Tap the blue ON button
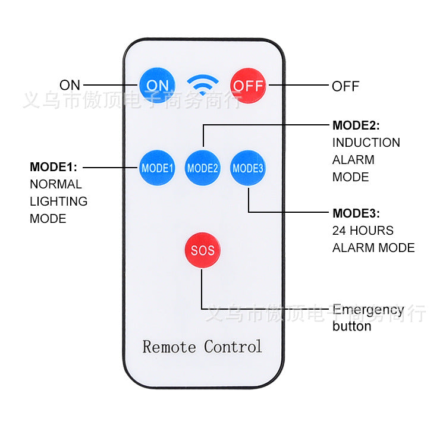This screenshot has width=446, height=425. (158, 85)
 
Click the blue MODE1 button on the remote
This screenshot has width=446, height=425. (157, 168)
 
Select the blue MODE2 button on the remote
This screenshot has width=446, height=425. (203, 168)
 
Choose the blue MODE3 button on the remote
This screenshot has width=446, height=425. (247, 168)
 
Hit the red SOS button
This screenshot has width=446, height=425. (202, 250)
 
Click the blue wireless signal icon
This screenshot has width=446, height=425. (203, 84)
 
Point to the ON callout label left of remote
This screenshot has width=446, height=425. (70, 85)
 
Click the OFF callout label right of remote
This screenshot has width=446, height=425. (346, 86)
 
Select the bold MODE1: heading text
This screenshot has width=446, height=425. (54, 166)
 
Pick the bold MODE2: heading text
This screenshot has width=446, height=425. (356, 125)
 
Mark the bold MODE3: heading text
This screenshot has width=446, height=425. (356, 213)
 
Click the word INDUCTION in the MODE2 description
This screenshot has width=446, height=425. (366, 143)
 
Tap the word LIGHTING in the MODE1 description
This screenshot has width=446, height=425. (58, 202)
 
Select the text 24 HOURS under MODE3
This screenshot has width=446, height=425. (363, 231)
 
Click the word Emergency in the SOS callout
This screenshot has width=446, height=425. (368, 310)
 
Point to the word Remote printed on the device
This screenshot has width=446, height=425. (169, 346)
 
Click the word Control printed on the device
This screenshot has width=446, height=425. (233, 346)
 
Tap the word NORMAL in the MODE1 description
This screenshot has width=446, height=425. (55, 184)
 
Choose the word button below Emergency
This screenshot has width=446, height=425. (351, 326)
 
